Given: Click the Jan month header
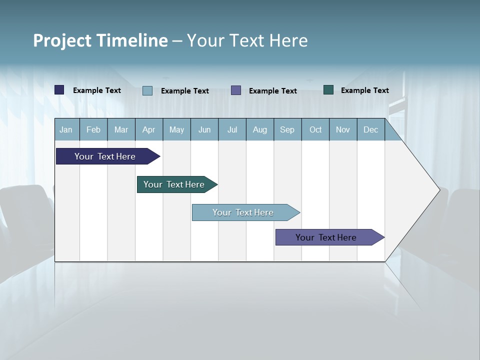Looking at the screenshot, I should pyautogui.click(x=66, y=129).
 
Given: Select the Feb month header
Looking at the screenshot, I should pyautogui.click(x=93, y=129).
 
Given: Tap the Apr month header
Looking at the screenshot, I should pyautogui.click(x=149, y=129).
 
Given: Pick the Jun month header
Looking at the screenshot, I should pyautogui.click(x=204, y=129).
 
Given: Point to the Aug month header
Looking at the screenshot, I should pyautogui.click(x=260, y=129).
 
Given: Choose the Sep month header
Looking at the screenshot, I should pyautogui.click(x=287, y=129).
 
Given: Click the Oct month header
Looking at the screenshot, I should pyautogui.click(x=315, y=129).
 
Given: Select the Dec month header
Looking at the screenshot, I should pyautogui.click(x=371, y=129).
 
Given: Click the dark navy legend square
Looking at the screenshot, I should pyautogui.click(x=59, y=90).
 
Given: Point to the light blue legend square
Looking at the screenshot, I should pyautogui.click(x=147, y=90).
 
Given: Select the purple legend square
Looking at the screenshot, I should pyautogui.click(x=236, y=90).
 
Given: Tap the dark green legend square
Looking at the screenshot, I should pyautogui.click(x=328, y=90).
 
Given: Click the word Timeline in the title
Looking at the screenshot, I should pyautogui.click(x=131, y=40).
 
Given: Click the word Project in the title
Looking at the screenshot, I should pyautogui.click(x=61, y=40).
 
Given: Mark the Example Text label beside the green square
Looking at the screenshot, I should pyautogui.click(x=365, y=90).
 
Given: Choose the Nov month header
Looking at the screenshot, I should pyautogui.click(x=343, y=129).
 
